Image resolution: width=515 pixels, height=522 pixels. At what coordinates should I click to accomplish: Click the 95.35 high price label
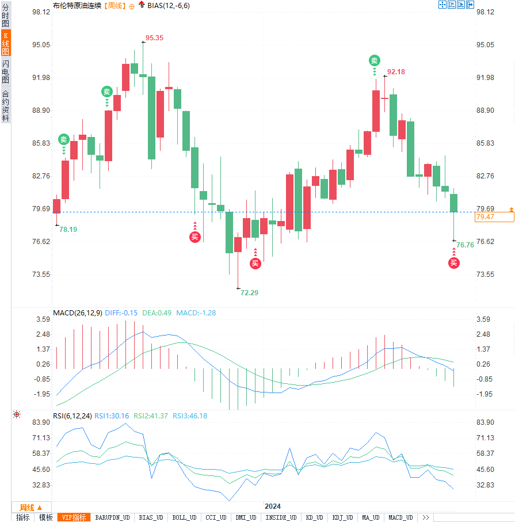pos(154,38)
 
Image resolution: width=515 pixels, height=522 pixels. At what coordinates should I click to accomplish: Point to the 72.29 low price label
pos(249,292)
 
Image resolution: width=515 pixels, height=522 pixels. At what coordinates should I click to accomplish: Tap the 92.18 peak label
pos(396,72)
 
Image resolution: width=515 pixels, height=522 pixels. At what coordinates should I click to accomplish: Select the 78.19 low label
pos(68,229)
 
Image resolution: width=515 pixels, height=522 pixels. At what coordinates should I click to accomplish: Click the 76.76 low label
pos(465,245)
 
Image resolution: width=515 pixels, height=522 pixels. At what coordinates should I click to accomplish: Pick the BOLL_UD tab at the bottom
pos(185,517)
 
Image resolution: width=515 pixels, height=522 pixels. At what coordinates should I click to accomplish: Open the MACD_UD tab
pos(400,517)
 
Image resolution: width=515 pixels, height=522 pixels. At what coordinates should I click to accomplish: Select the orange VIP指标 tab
pos(74,517)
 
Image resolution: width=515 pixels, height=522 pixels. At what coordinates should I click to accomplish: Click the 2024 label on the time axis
pos(273,506)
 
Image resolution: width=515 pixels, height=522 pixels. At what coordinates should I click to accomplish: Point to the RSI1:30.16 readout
pos(112,416)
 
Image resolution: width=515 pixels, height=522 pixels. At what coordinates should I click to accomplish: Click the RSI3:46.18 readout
pos(189,416)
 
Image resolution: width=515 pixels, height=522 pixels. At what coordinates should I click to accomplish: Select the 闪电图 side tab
pos(6,71)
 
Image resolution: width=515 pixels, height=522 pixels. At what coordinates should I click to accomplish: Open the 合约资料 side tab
pos(6,106)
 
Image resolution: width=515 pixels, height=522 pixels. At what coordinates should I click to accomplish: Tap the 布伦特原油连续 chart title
pos(77,5)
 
